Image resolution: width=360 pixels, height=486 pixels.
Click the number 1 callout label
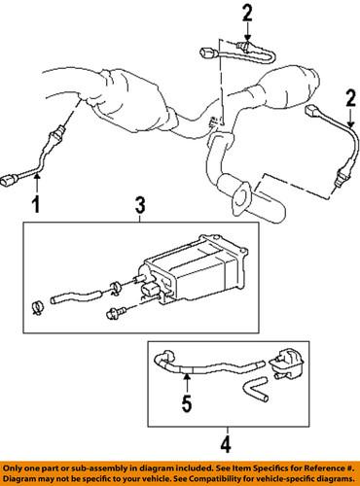37,204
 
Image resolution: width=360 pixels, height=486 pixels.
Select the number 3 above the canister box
140,205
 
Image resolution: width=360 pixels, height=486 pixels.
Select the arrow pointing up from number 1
37,182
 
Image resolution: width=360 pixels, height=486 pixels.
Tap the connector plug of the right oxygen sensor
316,113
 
